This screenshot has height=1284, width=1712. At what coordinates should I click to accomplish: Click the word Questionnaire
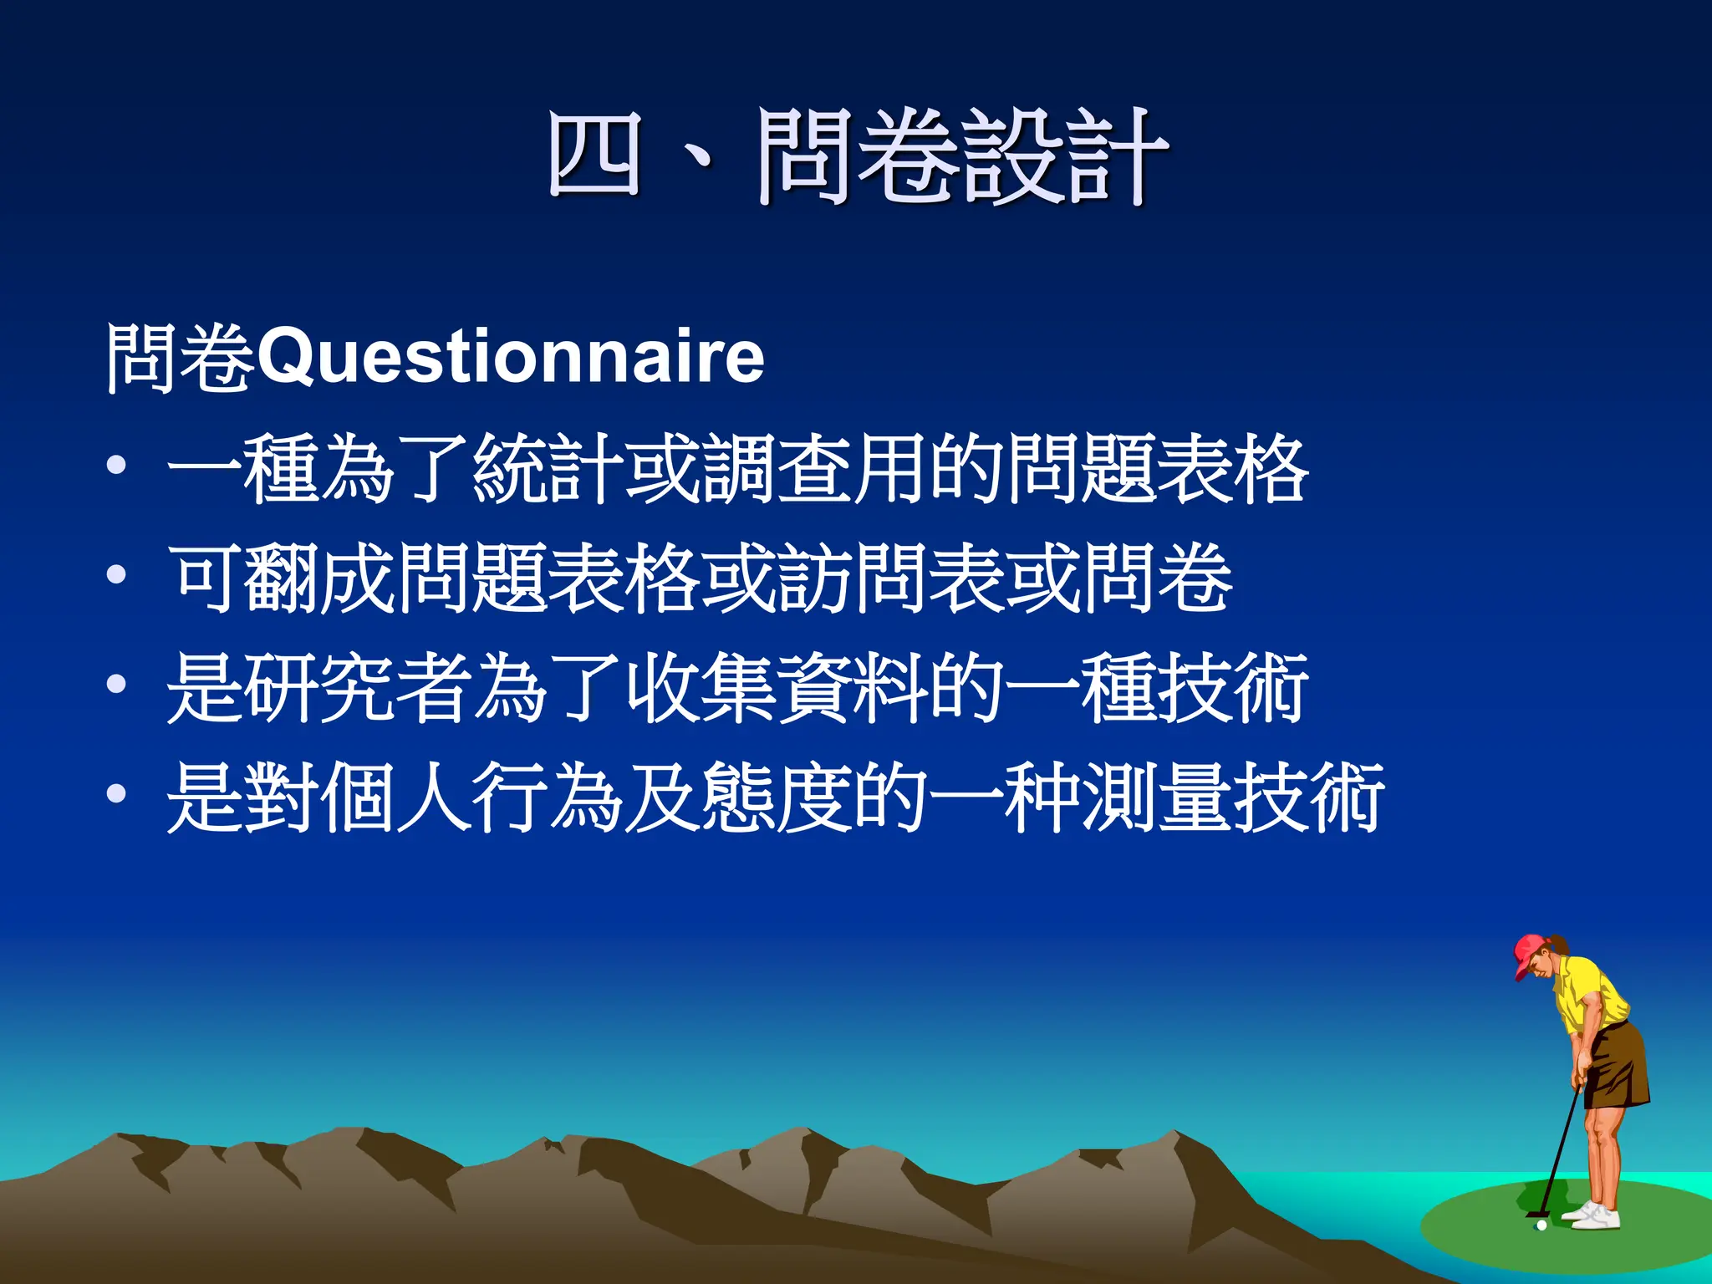[511, 358]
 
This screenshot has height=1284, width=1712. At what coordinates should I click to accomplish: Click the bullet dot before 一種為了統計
[117, 465]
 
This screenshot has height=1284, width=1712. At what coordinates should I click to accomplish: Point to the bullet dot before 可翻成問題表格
[117, 574]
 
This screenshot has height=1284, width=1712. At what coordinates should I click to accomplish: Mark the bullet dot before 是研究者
[117, 685]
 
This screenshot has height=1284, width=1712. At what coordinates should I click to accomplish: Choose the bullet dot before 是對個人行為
[117, 794]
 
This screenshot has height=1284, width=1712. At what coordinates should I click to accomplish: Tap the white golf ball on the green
[1541, 1225]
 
